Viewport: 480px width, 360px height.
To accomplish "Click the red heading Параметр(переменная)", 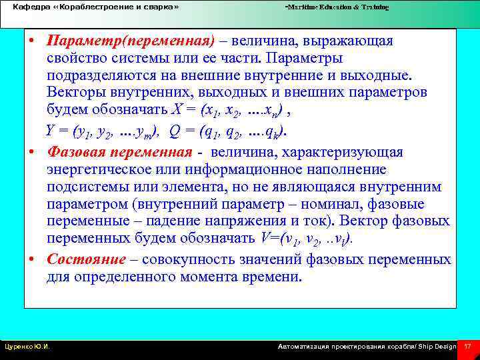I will tap(131, 41).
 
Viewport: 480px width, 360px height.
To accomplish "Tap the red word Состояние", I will tap(86, 259).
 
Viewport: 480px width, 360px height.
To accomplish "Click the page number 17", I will tap(467, 346).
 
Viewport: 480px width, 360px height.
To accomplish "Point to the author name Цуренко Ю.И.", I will tap(27, 347).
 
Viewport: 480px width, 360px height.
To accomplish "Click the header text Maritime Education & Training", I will tap(337, 7).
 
